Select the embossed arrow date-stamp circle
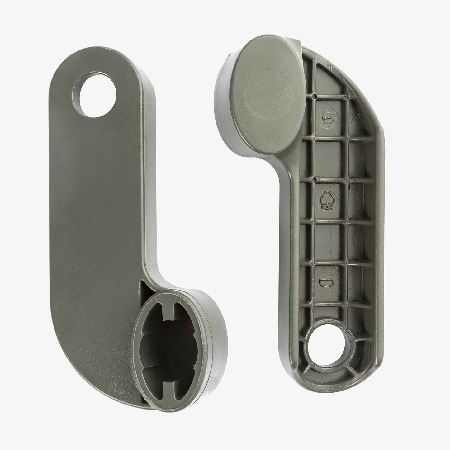tap(325, 118)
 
